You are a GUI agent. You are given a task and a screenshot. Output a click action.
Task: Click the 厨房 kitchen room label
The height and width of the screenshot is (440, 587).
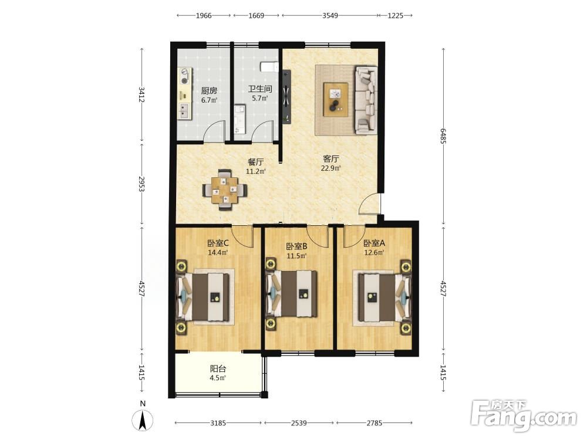210,91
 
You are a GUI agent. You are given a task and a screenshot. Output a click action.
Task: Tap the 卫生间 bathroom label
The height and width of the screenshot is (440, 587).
260,89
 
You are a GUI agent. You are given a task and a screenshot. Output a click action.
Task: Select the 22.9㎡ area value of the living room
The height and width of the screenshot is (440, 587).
330,168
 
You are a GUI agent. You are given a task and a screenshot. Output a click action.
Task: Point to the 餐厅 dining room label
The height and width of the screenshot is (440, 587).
256,162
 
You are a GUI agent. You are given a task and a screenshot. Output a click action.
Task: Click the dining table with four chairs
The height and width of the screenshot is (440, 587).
225,189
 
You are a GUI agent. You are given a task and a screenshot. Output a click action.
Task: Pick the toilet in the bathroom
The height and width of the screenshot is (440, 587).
269,67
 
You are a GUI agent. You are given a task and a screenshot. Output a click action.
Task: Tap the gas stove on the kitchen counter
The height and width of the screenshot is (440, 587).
184,76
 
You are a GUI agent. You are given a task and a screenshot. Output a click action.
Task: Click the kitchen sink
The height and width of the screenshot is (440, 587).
184,110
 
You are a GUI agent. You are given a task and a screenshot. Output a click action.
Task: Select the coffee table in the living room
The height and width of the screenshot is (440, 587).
336,100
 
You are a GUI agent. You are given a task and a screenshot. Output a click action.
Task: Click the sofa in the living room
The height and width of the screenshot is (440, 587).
366,100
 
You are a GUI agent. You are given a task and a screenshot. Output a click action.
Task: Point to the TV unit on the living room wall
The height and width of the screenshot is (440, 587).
286,96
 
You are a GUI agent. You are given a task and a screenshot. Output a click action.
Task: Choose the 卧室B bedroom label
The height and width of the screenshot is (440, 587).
296,246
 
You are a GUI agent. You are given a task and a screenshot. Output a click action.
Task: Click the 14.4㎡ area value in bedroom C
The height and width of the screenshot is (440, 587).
218,252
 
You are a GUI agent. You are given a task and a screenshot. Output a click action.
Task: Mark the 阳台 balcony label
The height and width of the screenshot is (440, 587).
218,369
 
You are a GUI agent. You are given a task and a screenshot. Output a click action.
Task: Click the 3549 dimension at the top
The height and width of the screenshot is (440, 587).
330,16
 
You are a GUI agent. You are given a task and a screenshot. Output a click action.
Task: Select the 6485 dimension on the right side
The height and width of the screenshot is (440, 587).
443,136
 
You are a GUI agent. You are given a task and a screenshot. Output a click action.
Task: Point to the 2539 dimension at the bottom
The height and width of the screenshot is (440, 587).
299,423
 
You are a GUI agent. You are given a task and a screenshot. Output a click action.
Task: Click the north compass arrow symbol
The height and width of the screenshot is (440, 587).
143,421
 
